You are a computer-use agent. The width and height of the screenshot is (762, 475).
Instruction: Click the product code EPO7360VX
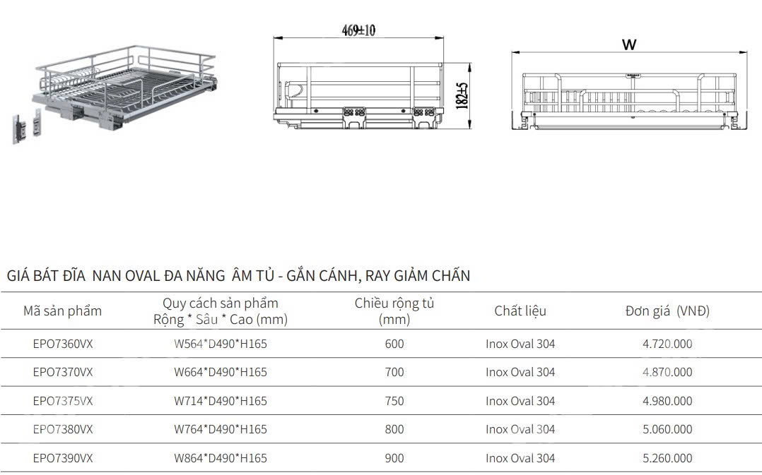click(63, 344)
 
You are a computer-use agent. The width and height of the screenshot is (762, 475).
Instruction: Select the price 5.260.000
click(667, 458)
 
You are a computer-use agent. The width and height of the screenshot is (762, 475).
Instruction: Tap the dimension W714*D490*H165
click(221, 401)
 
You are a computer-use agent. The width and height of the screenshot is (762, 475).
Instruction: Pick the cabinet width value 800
click(394, 429)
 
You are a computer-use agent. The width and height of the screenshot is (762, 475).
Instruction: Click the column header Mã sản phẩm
click(63, 311)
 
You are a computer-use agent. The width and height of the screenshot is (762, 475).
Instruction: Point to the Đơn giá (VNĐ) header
click(667, 311)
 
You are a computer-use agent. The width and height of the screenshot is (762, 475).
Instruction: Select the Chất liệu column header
click(520, 311)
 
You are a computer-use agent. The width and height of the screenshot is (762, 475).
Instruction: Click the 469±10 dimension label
click(358, 30)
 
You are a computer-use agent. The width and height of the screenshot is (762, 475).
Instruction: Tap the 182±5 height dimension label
click(463, 95)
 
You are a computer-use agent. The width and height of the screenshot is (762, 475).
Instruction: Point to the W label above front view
click(629, 44)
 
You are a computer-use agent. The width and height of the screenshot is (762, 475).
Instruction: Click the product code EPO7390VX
click(63, 458)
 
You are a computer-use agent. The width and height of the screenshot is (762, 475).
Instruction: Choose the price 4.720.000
click(667, 344)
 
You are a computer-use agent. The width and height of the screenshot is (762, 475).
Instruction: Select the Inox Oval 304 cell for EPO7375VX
click(520, 401)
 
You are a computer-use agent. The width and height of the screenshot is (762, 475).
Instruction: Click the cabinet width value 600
click(394, 344)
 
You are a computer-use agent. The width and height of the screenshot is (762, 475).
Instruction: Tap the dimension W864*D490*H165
click(221, 458)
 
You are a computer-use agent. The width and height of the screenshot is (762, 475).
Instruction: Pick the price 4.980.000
click(667, 401)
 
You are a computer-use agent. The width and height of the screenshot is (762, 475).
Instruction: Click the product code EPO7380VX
click(63, 429)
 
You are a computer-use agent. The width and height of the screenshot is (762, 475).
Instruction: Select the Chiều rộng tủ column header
click(394, 311)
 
